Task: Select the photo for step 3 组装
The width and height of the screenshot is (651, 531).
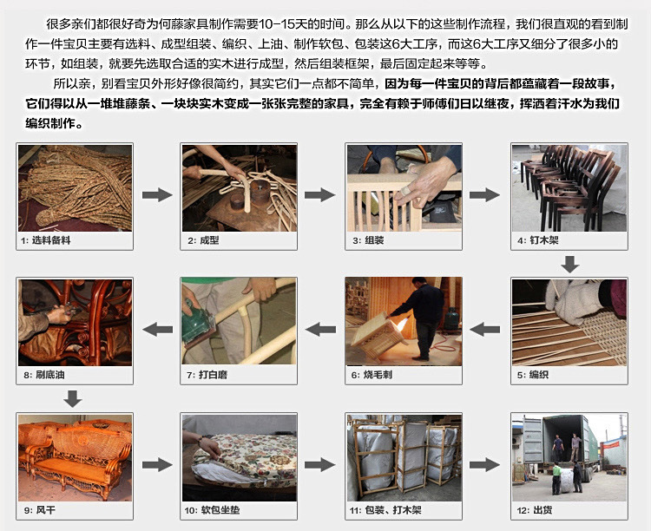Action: coord(403,187)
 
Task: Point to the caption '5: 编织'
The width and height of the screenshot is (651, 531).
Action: coord(532,375)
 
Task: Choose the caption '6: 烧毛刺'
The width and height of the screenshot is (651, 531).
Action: coord(369,375)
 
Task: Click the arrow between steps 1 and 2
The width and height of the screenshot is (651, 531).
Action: coord(156,195)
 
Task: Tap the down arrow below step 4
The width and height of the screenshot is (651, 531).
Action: coord(569,263)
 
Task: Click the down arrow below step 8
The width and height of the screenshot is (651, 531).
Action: coord(73,398)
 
